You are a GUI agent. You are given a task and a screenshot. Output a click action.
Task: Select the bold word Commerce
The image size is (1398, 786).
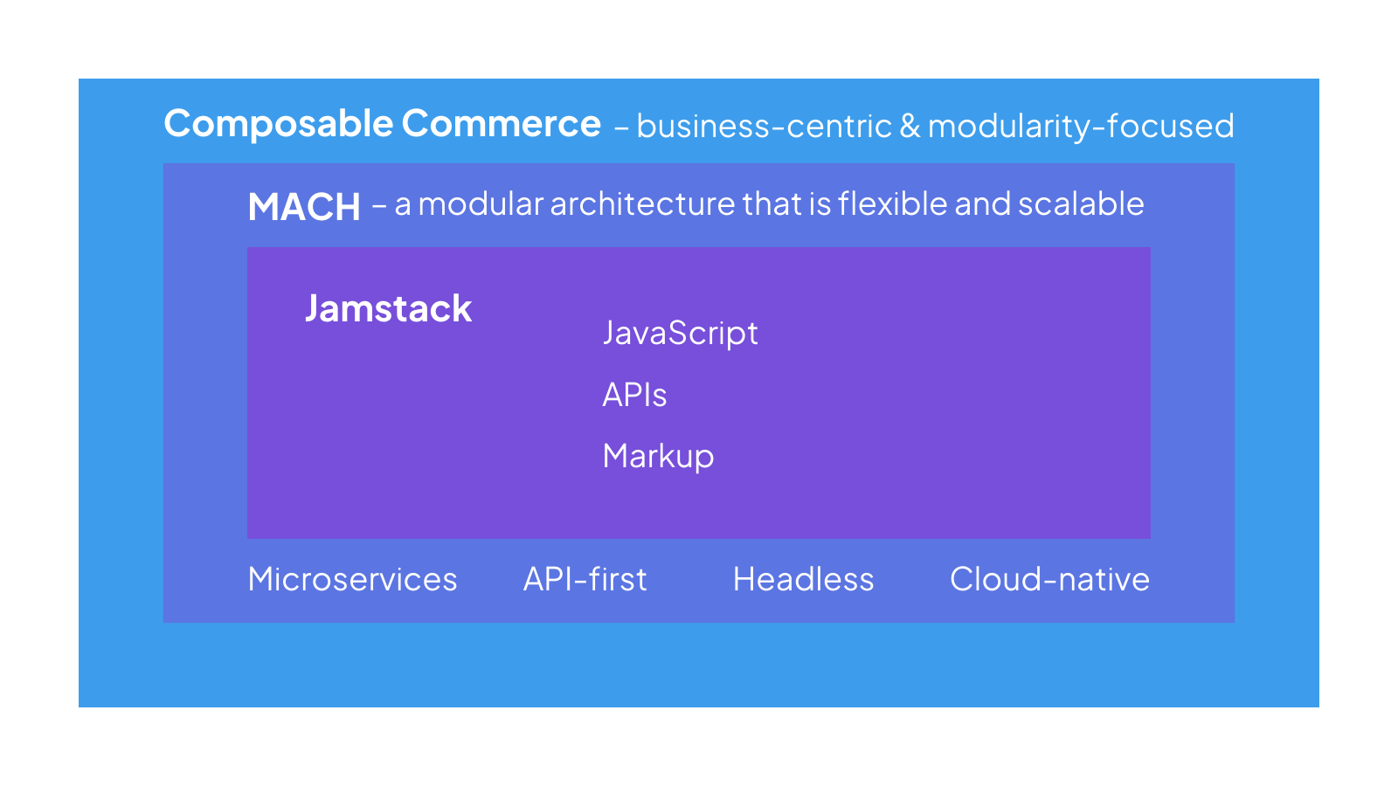pos(502,123)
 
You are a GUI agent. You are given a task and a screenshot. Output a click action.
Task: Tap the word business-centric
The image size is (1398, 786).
pos(765,126)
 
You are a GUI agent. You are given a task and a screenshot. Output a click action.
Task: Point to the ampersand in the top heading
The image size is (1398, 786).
pos(910,126)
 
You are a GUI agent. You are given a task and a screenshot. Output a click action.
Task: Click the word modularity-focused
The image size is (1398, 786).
pos(1081,127)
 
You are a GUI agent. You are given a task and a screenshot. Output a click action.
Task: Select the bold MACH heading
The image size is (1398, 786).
pos(305,206)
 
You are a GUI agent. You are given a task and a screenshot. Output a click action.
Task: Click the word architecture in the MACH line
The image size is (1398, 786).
pos(643,204)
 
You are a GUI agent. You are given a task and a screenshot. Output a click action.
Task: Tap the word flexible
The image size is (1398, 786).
pos(892,203)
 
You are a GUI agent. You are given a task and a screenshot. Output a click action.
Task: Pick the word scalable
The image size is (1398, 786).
pos(1081,203)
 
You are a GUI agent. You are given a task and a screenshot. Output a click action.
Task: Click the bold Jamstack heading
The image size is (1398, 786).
pos(388,308)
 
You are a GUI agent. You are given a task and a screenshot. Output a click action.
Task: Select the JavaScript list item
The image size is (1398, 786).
pos(681,333)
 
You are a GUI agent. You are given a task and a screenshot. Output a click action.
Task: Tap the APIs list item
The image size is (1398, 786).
pos(634,395)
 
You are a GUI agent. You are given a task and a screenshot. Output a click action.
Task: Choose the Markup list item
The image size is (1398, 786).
pos(659,456)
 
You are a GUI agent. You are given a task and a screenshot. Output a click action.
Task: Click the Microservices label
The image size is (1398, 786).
pos(353,579)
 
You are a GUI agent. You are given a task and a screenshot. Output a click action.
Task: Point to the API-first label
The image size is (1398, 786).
pos(585,579)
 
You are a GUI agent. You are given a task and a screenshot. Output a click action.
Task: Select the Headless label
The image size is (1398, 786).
pos(803,579)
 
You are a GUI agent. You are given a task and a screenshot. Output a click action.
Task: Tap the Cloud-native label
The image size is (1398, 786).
pos(1049,579)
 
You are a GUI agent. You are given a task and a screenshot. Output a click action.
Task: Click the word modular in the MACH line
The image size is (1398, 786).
pos(481,204)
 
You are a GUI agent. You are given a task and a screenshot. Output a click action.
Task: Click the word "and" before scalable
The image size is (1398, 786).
pos(982,204)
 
